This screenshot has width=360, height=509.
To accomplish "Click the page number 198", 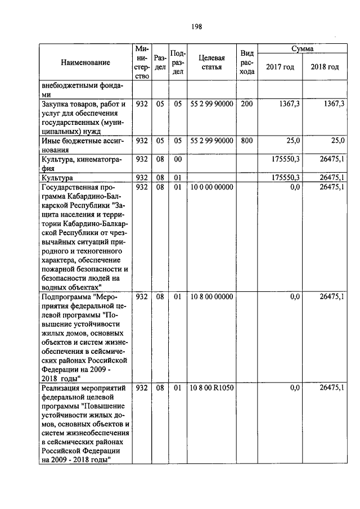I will point(196,26).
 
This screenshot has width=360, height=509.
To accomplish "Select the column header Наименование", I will point(85,63).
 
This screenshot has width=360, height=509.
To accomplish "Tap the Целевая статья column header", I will point(211,62).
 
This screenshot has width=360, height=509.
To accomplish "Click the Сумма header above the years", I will point(302,49).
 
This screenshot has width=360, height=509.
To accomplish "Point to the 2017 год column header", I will point(280,67).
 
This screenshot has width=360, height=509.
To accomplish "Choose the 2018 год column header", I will point(325,67).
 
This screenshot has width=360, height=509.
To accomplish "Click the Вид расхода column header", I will point(246,62).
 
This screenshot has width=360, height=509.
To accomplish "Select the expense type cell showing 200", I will point(246,104).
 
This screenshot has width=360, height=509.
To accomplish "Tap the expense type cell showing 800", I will point(246,140).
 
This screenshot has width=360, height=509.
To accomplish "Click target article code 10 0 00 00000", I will point(211,187).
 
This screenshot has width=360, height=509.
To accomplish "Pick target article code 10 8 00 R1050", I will point(211,388).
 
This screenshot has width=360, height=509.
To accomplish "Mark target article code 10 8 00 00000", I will point(211,296).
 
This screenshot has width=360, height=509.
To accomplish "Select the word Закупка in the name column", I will point(55,104).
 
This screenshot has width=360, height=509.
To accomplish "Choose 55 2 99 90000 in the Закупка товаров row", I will point(211,104).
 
